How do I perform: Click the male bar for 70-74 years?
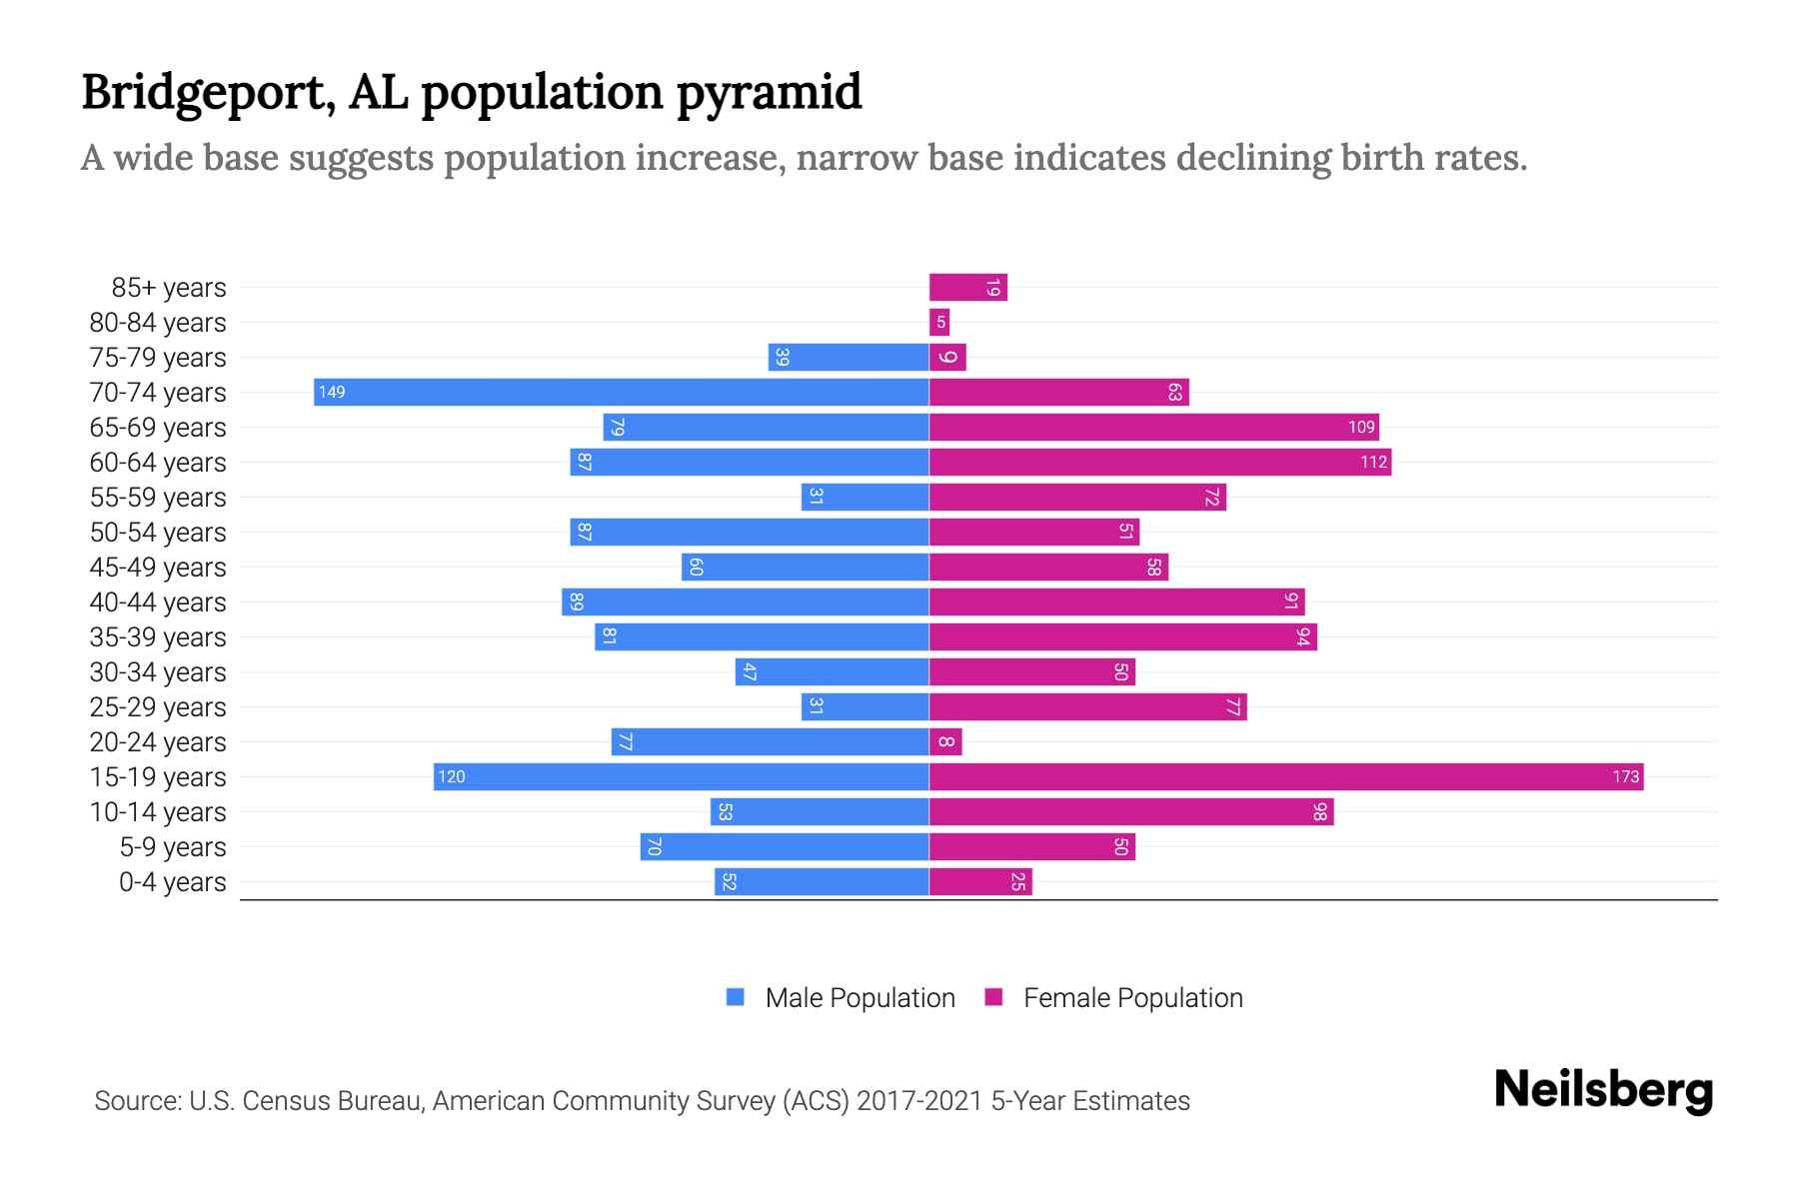[621, 392]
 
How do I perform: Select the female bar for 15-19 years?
[1286, 776]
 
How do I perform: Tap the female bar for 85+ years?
[967, 287]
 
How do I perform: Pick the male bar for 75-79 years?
[849, 357]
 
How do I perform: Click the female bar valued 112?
[1159, 462]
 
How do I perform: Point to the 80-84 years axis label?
[158, 322]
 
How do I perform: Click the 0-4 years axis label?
[172, 881]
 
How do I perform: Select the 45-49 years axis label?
[158, 567]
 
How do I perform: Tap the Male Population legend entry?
[841, 997]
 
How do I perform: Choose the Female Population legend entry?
[1114, 997]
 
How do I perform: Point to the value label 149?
[332, 392]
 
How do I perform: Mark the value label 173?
[1625, 776]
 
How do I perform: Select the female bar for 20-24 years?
[945, 741]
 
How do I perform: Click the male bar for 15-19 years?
[681, 776]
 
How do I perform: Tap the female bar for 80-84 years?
[939, 322]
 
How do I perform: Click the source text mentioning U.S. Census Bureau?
[642, 1100]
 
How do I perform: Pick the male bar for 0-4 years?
[822, 881]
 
